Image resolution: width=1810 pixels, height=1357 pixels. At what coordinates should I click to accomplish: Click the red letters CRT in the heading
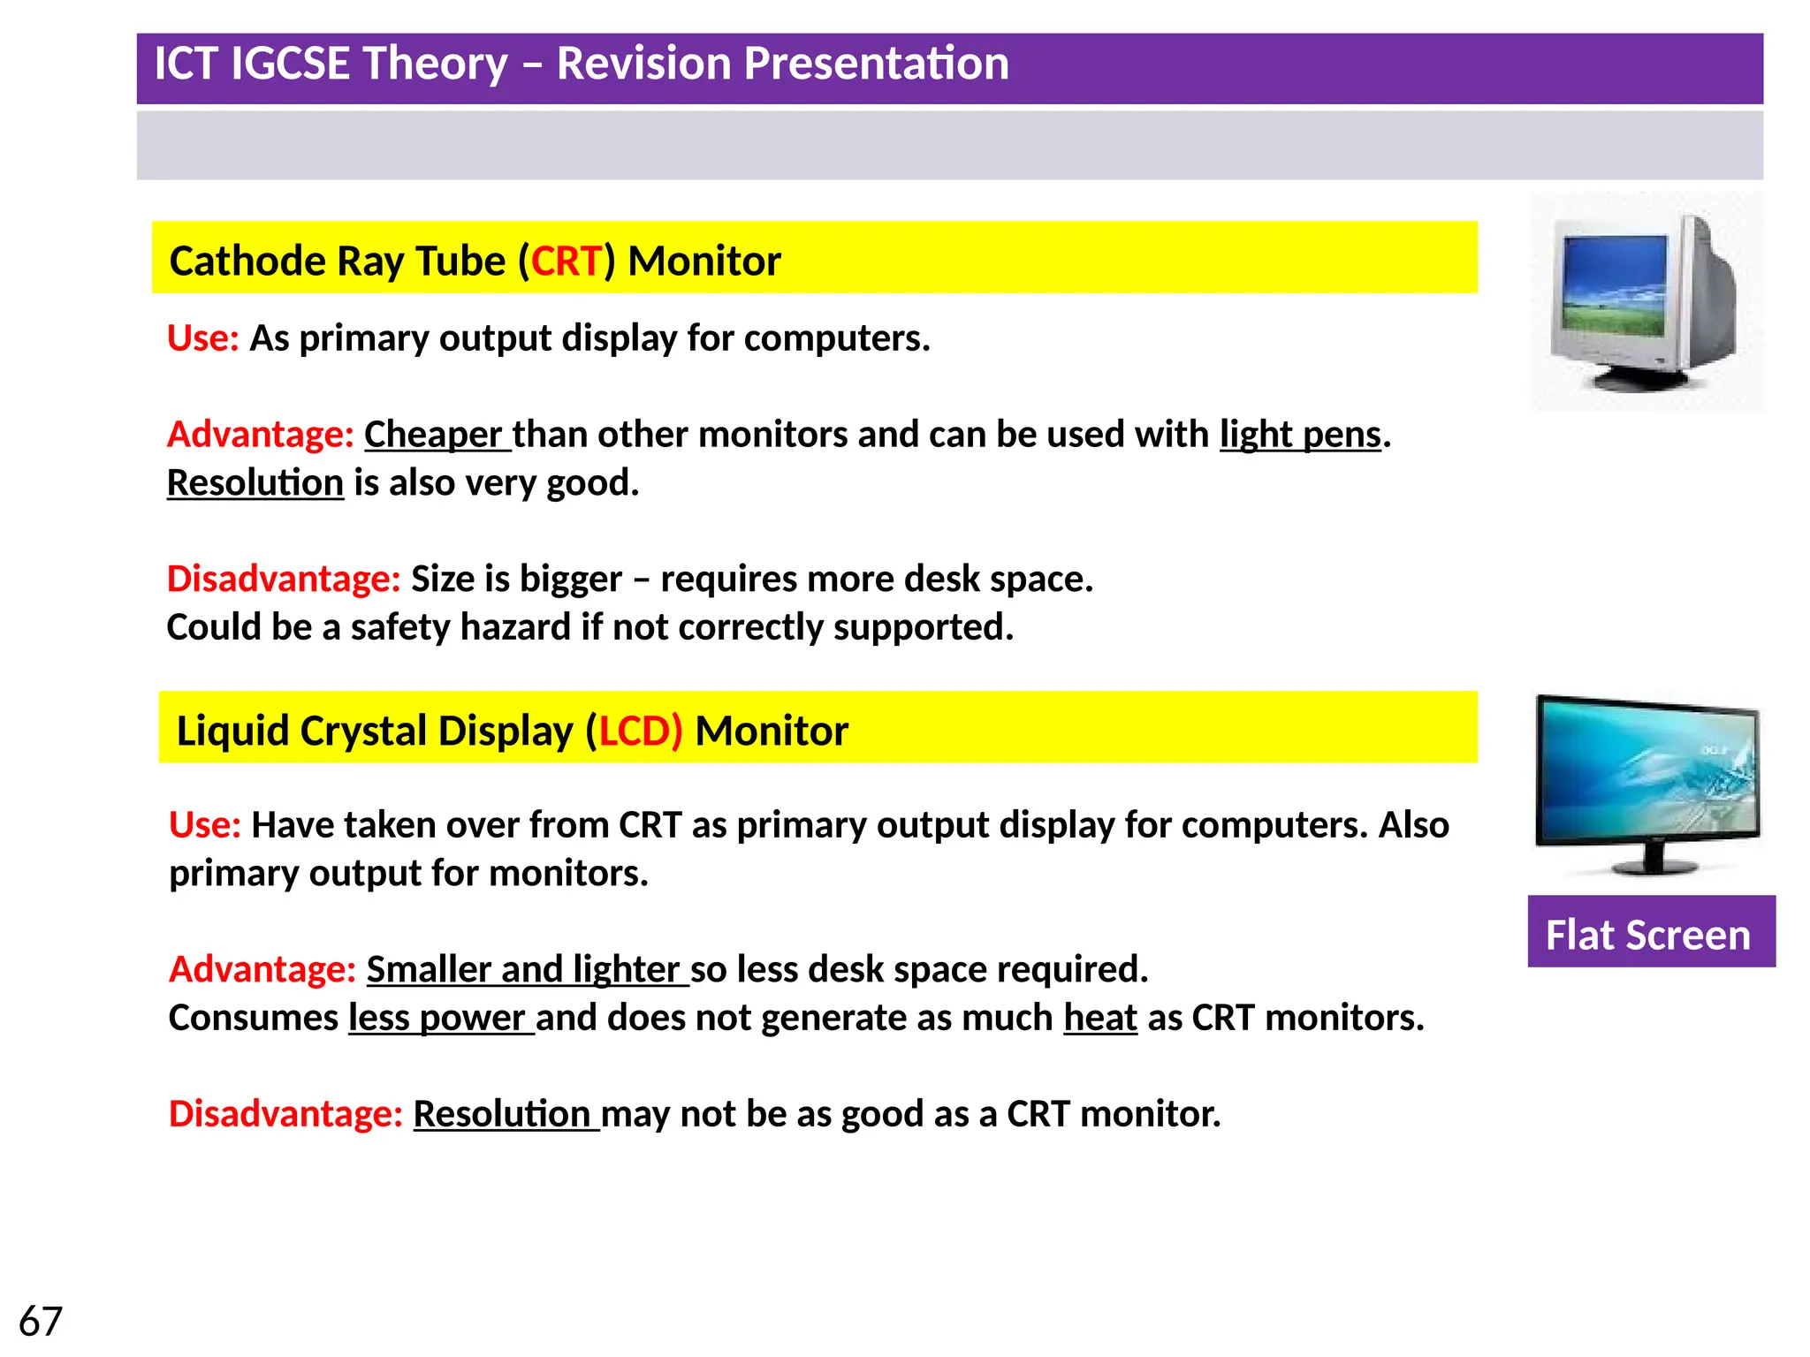(566, 262)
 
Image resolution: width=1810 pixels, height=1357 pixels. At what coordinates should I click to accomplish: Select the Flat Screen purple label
(1649, 935)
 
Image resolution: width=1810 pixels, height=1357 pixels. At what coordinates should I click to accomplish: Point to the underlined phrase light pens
(1300, 435)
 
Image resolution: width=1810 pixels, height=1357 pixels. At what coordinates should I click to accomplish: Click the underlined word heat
(1099, 1018)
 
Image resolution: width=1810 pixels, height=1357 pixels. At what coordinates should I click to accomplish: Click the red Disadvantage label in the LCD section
(285, 1114)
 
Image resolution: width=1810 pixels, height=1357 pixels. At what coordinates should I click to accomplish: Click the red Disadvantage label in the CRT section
(284, 580)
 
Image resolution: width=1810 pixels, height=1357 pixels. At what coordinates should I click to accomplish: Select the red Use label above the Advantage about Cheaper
(203, 338)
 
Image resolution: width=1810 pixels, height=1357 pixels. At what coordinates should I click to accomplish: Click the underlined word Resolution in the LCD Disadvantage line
(502, 1114)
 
